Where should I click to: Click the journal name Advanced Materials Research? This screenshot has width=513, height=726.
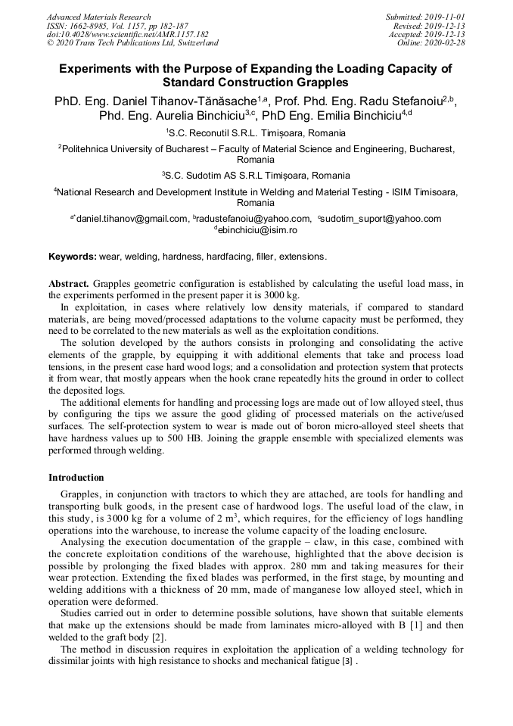98,17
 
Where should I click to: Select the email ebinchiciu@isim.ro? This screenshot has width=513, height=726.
256,230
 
